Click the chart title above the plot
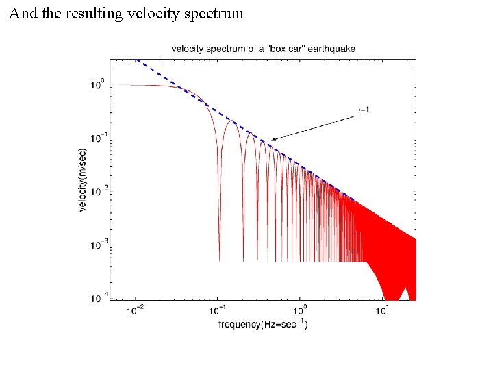263,48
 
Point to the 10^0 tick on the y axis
99,85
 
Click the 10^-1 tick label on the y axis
97,138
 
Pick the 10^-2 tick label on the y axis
97,192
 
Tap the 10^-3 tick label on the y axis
97,245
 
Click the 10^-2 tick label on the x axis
136,310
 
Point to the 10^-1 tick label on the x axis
218,310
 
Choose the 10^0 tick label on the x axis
300,310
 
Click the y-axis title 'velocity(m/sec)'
84,180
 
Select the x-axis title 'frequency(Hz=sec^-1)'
263,323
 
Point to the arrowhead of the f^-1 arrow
272,140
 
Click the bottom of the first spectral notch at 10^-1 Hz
219,260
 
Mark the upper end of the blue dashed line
137,60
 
